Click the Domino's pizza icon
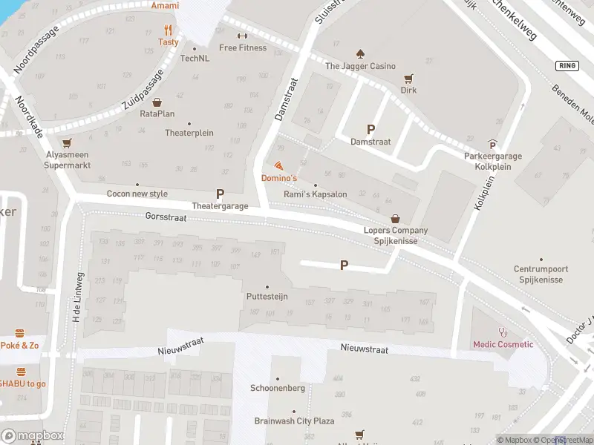point(278,165)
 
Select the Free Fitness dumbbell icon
point(242,36)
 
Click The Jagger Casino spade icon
point(360,53)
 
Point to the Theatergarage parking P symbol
point(220,194)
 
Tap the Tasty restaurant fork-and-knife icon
point(169,30)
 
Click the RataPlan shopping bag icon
point(157,102)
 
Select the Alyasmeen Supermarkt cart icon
point(68,142)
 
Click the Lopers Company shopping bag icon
point(396,219)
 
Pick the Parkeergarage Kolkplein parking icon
point(492,145)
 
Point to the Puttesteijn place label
point(267,297)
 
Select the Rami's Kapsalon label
point(316,194)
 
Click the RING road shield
point(567,66)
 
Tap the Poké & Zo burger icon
point(21,334)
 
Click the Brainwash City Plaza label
point(294,421)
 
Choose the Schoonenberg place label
point(278,389)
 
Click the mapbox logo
point(32,435)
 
